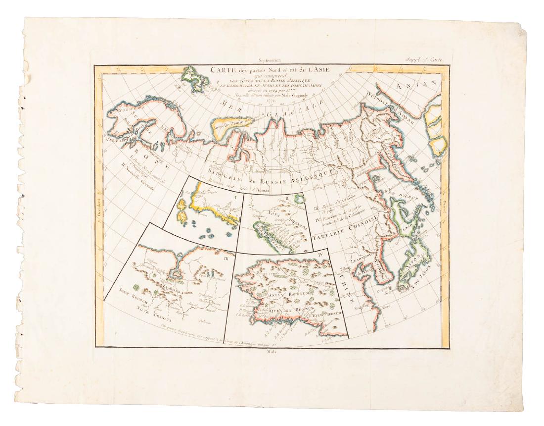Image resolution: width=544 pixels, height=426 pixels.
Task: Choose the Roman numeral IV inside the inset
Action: [x=320, y=256]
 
